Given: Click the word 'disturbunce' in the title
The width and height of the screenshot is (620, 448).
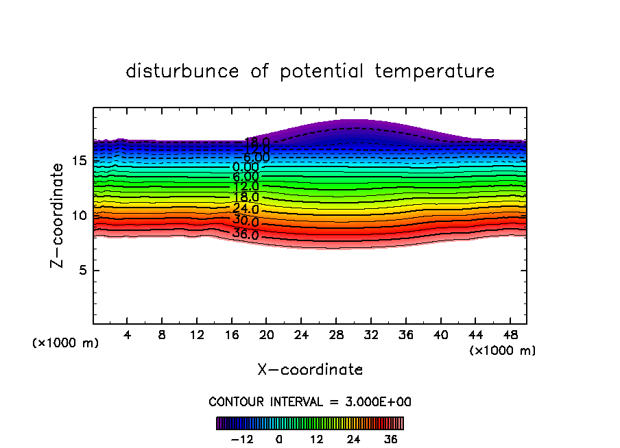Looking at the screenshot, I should pos(182,71).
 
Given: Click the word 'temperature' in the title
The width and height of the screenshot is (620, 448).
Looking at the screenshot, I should pos(435,71).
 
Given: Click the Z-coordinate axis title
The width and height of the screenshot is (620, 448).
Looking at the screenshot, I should pos(60,215).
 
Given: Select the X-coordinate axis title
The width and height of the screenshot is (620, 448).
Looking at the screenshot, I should pos(310,370).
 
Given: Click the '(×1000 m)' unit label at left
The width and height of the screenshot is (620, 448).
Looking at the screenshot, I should pos(66,343).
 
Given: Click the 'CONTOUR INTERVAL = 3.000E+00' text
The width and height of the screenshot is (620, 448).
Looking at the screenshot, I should pos(310,402).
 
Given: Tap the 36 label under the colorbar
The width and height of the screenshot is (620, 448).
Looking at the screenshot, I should pos(391,439).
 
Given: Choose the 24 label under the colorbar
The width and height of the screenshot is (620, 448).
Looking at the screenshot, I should pos(354,439).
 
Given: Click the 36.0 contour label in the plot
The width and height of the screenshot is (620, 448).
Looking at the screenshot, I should pos(246,235).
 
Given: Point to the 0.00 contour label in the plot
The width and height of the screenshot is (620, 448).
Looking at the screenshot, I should pos(246,167).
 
